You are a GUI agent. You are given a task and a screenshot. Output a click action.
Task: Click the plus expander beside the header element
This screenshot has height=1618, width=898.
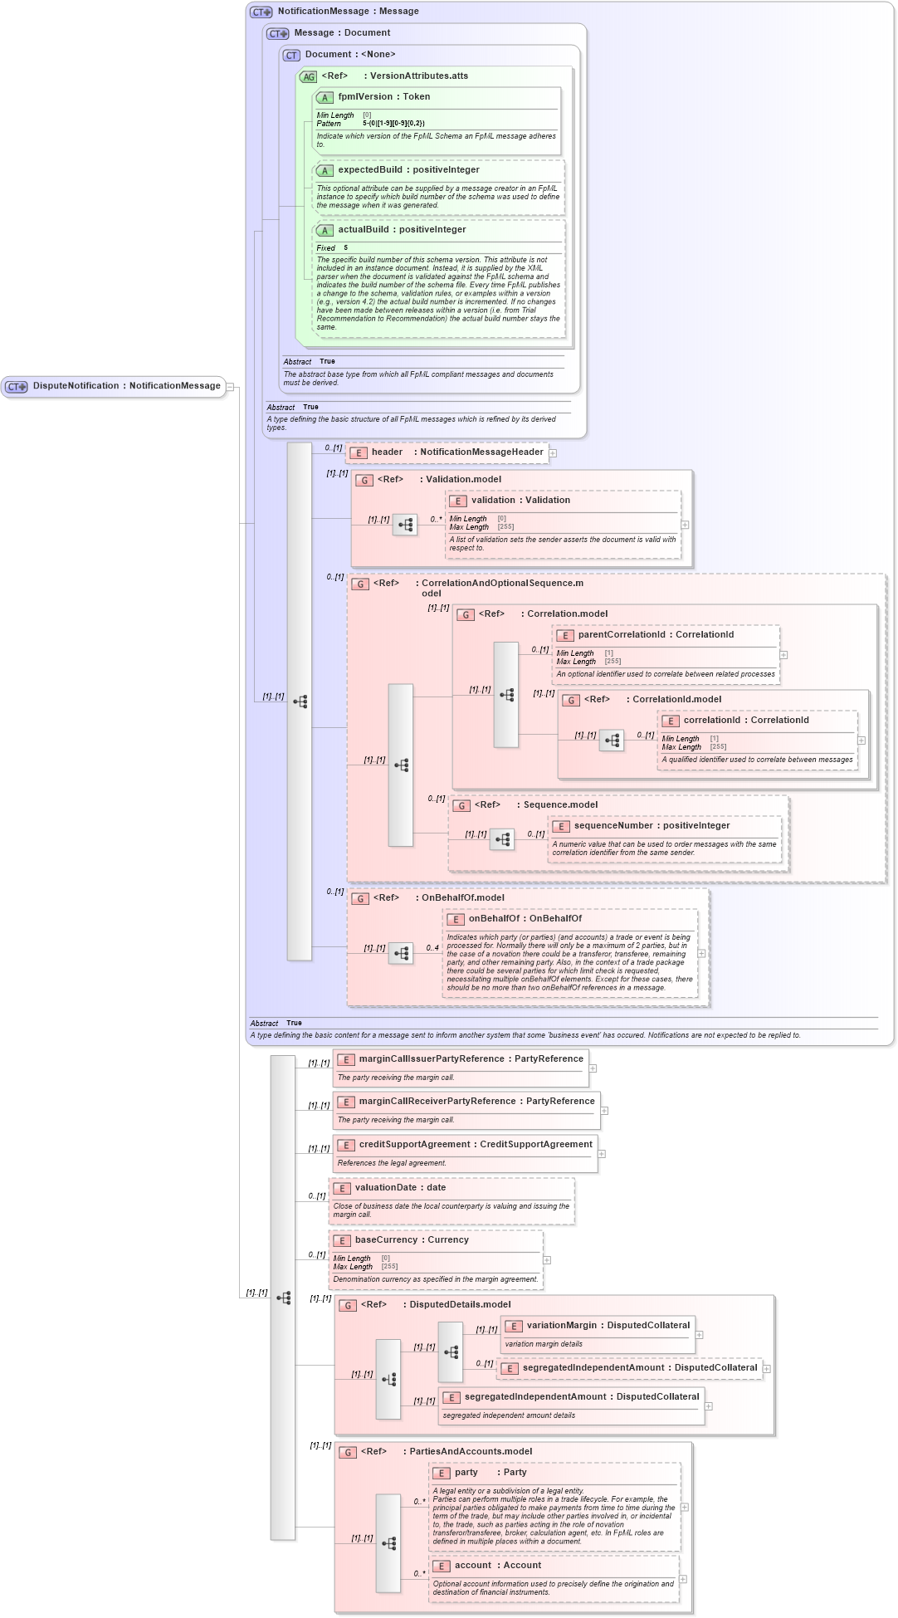click(553, 453)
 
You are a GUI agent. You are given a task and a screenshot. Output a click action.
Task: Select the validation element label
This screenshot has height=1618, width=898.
click(520, 501)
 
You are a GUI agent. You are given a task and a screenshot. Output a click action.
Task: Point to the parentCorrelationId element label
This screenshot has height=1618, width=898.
click(656, 635)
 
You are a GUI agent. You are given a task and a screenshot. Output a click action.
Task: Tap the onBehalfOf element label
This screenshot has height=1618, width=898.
click(525, 919)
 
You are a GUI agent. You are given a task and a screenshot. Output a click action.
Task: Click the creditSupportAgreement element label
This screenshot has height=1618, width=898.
click(475, 1145)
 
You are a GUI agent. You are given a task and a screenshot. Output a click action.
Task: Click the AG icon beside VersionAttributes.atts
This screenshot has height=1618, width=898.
click(309, 77)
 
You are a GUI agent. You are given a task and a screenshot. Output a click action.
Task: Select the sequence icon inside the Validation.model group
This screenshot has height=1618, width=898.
click(405, 525)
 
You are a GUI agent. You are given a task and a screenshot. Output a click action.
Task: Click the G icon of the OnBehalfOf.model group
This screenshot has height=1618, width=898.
click(360, 899)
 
